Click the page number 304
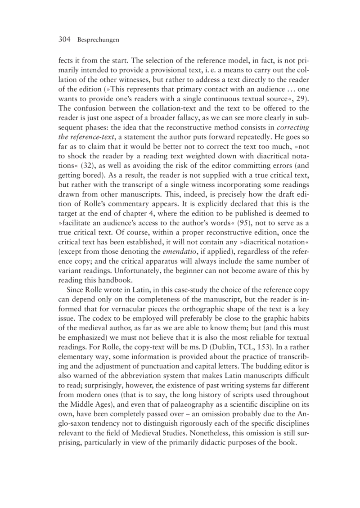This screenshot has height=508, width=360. click(66, 40)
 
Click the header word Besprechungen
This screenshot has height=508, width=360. click(98, 40)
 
